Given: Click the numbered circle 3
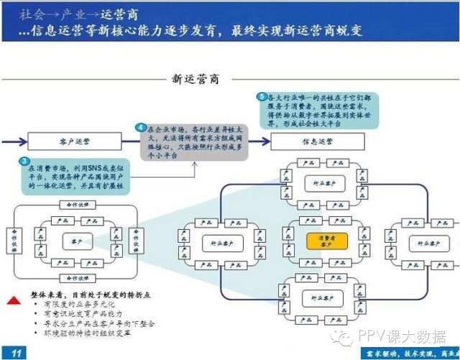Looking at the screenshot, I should click(25, 161).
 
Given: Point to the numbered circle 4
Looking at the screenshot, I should click(142, 128).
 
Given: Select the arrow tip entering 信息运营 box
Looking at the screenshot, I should click(269, 141).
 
